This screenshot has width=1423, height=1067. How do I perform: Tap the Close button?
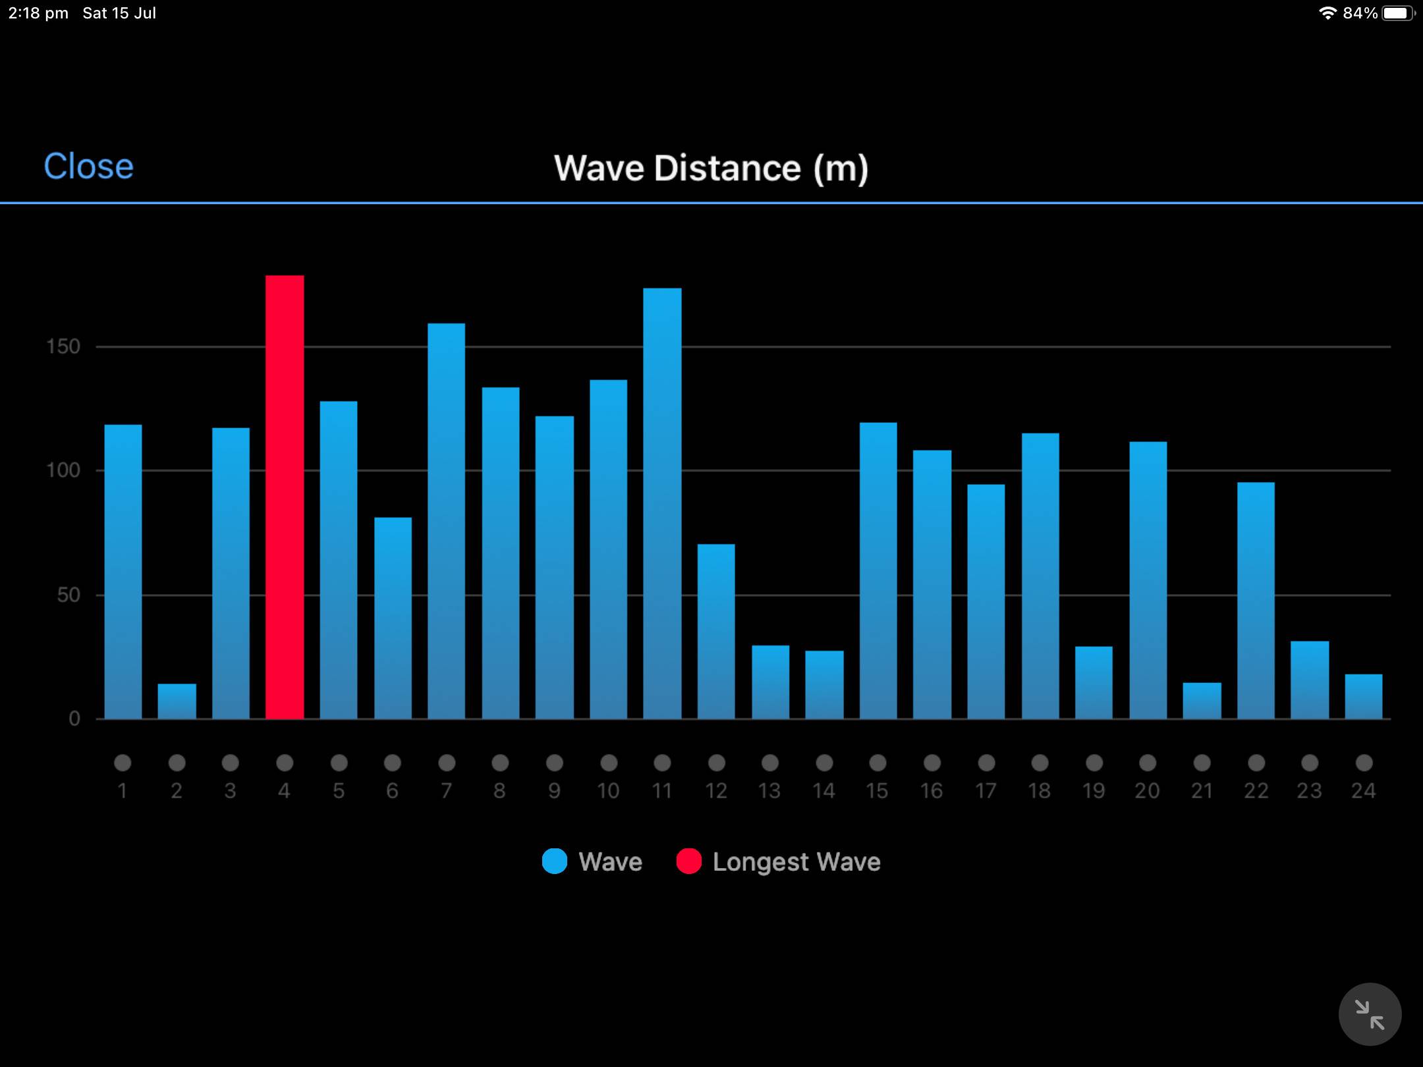(88, 166)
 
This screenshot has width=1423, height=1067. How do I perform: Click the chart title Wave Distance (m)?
(711, 168)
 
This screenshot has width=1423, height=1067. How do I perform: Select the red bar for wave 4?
(285, 497)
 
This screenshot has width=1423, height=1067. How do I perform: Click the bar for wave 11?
(662, 504)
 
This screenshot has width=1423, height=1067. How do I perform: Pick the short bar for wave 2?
(177, 701)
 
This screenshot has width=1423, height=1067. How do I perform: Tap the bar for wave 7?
(446, 520)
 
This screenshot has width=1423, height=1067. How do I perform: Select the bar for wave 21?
(1202, 701)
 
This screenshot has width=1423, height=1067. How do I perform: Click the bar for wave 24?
(1363, 696)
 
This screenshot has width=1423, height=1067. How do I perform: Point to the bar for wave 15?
(878, 570)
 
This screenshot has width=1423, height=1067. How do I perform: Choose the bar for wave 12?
(716, 631)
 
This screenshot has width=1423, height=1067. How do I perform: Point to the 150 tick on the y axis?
(63, 346)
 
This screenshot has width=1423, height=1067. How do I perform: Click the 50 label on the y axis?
(69, 595)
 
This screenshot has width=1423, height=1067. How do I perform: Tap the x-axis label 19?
(1094, 790)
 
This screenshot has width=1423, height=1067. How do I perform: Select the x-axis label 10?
(608, 790)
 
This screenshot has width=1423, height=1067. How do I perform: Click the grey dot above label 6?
(393, 763)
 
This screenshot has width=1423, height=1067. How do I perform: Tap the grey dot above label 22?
(1256, 763)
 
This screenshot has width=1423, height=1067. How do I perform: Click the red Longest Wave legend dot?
(688, 862)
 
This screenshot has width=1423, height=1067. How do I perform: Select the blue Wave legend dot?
(555, 862)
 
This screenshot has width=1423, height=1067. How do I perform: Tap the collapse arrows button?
(1370, 1014)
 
